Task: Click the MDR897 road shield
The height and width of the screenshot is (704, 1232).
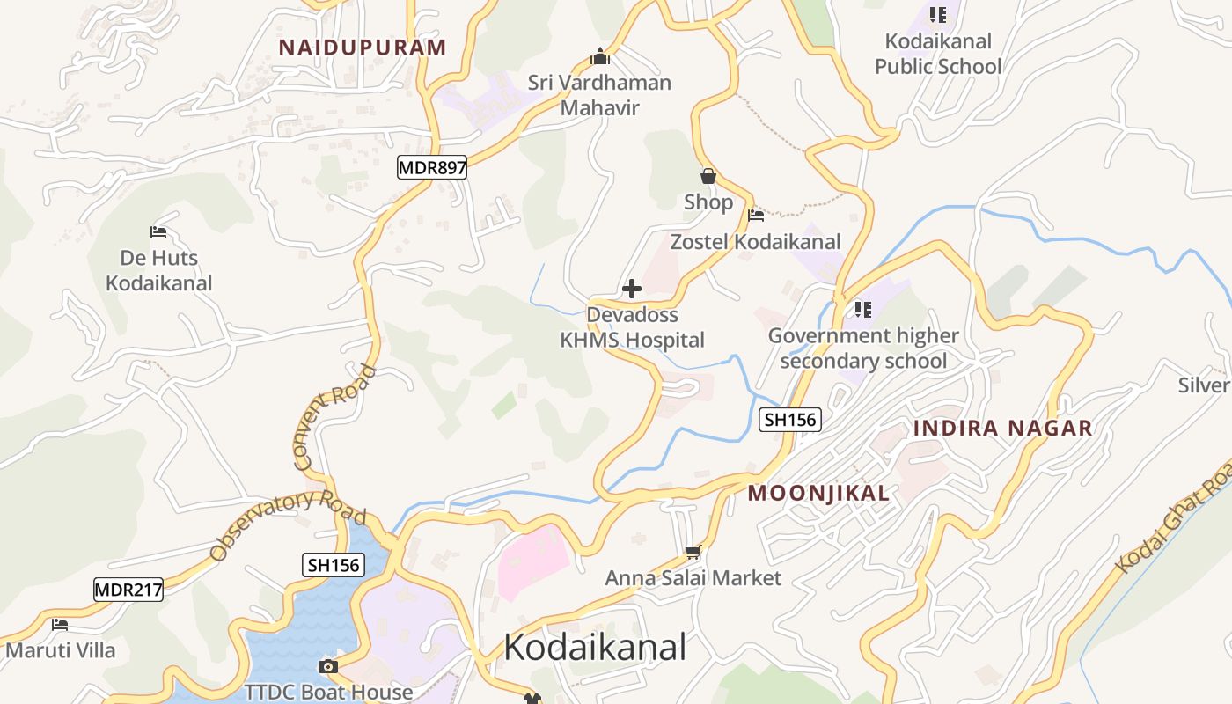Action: click(x=431, y=167)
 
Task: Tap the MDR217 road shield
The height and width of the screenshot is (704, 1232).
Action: click(x=128, y=590)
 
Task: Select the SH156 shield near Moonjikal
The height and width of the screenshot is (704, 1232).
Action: click(x=790, y=420)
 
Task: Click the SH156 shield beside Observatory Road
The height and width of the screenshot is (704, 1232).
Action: click(x=334, y=565)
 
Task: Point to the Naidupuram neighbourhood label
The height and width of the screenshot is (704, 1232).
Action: click(x=363, y=48)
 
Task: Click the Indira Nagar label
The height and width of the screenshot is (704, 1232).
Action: click(x=1002, y=429)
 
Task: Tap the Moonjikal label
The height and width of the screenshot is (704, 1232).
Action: click(x=818, y=494)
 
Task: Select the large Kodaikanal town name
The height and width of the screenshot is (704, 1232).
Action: click(x=595, y=648)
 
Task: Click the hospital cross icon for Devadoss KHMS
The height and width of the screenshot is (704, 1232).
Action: click(x=631, y=289)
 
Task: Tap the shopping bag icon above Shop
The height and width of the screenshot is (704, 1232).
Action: click(x=708, y=176)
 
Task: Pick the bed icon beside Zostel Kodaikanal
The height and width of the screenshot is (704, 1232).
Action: click(x=755, y=216)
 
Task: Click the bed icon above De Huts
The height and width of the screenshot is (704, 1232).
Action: click(x=158, y=232)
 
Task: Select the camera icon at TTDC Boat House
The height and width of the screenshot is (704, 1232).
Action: click(x=328, y=667)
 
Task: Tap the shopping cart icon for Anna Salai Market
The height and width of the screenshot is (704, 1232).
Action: click(x=693, y=553)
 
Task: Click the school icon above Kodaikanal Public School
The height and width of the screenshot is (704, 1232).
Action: click(x=938, y=15)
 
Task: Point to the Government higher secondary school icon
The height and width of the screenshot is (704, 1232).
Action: click(x=863, y=310)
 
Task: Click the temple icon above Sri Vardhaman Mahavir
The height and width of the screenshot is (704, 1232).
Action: click(x=600, y=57)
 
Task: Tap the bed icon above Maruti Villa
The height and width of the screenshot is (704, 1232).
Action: click(x=60, y=625)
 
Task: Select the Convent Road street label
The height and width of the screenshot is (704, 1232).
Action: click(x=334, y=416)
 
